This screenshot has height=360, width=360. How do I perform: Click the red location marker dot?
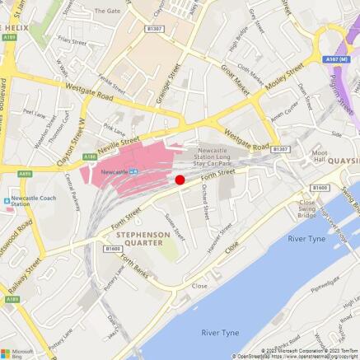coord(180,180)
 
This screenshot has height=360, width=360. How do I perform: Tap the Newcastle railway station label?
coord(114,171)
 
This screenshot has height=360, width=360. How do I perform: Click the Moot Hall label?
coord(320,157)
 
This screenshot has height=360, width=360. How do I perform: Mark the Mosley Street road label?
coord(274,86)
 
